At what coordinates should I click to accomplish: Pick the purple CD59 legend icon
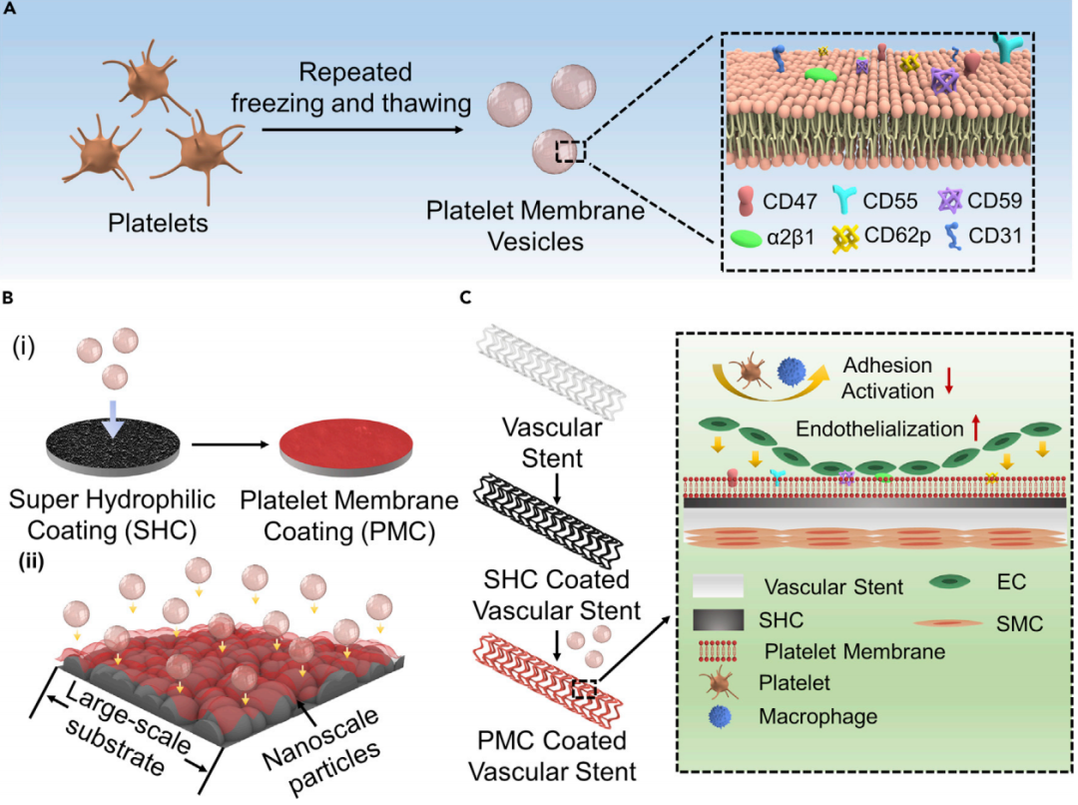(x=952, y=202)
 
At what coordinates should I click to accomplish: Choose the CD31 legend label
(x=999, y=240)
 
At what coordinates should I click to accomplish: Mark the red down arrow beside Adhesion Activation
(x=948, y=380)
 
